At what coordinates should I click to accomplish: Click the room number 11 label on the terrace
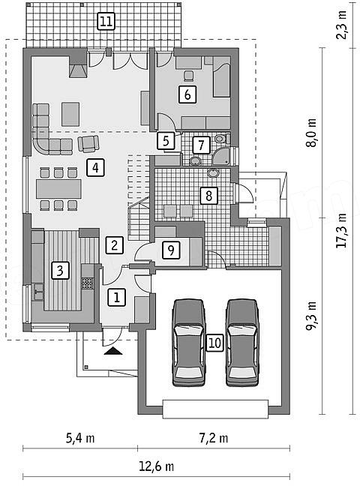click(106, 22)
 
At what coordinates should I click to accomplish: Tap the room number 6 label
click(187, 94)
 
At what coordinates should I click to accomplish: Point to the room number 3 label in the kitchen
click(60, 270)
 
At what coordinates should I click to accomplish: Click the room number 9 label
click(171, 250)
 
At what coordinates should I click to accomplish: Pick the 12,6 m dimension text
click(156, 466)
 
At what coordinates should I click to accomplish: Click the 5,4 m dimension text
click(80, 438)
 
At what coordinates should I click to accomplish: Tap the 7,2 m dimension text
click(213, 438)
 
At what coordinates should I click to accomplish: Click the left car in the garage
click(188, 343)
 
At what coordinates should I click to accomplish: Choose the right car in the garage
click(242, 343)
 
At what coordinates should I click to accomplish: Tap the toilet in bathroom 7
click(221, 138)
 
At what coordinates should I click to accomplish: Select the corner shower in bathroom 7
click(221, 156)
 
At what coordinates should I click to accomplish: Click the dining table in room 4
click(58, 189)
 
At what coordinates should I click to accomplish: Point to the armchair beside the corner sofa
click(88, 144)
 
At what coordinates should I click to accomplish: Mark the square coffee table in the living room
click(70, 114)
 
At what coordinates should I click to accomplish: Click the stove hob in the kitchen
click(87, 283)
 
